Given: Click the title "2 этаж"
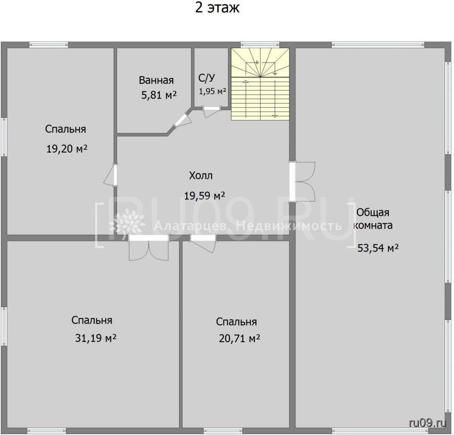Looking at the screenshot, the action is coord(217,8).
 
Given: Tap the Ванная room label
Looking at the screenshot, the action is coord(156,80).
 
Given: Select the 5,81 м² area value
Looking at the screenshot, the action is coord(159,95).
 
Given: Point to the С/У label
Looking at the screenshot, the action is coord(207,78).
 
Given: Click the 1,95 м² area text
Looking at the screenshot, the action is coord(212,91).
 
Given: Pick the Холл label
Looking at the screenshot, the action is coord(200,175).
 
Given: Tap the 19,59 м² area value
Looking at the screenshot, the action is coord(205,196).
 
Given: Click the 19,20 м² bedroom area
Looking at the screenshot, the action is coord(67,149).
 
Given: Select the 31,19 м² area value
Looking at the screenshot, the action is coord(96,338).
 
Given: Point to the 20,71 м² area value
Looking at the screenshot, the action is coord(239,338).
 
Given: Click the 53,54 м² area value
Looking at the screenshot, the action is coord(378,248).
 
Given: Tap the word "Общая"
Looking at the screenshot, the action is coord(373,212).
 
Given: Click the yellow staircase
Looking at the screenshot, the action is coord(260,84).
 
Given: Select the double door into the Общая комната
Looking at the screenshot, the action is coord(302,182).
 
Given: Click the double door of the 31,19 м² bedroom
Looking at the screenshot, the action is coord(149,248).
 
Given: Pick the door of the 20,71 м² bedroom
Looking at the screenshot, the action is coord(203,244).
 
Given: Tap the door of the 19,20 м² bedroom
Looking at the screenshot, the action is coord(111,175).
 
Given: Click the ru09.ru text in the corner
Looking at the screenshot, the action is coord(428,423).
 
